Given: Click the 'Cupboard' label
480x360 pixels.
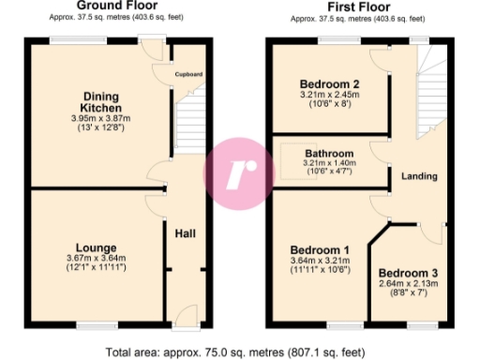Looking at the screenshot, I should click(189, 74).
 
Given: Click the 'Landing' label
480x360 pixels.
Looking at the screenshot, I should click(418, 176).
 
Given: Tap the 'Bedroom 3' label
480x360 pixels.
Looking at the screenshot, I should click(408, 273).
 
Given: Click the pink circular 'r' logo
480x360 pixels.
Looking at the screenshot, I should click(242, 170).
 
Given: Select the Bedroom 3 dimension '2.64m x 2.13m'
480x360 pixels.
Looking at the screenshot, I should click(408, 284).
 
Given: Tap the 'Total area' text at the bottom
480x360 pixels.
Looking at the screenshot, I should click(239, 352).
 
